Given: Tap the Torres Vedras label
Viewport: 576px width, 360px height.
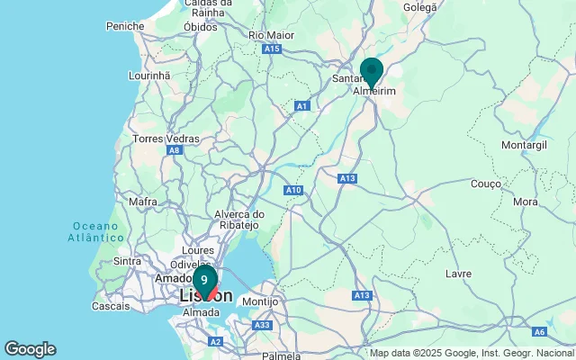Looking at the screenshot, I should tap(163, 139).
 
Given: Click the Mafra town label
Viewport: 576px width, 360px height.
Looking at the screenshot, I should tap(142, 202).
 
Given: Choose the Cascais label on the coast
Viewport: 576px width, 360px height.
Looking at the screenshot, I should tap(111, 306).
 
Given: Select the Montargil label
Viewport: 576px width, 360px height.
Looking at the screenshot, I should tap(525, 145).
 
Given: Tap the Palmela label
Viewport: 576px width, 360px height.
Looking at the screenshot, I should tap(281, 356).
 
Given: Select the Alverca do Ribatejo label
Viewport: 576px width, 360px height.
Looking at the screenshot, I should tap(239, 220).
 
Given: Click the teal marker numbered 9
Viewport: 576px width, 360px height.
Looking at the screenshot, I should tap(204, 280).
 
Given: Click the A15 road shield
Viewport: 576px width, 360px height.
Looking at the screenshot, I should tap(273, 49).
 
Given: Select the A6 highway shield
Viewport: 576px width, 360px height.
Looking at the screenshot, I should tap(540, 332).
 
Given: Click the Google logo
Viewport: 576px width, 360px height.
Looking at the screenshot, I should tap(30, 349).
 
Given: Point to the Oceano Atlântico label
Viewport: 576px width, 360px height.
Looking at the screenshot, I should tap(94, 231).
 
